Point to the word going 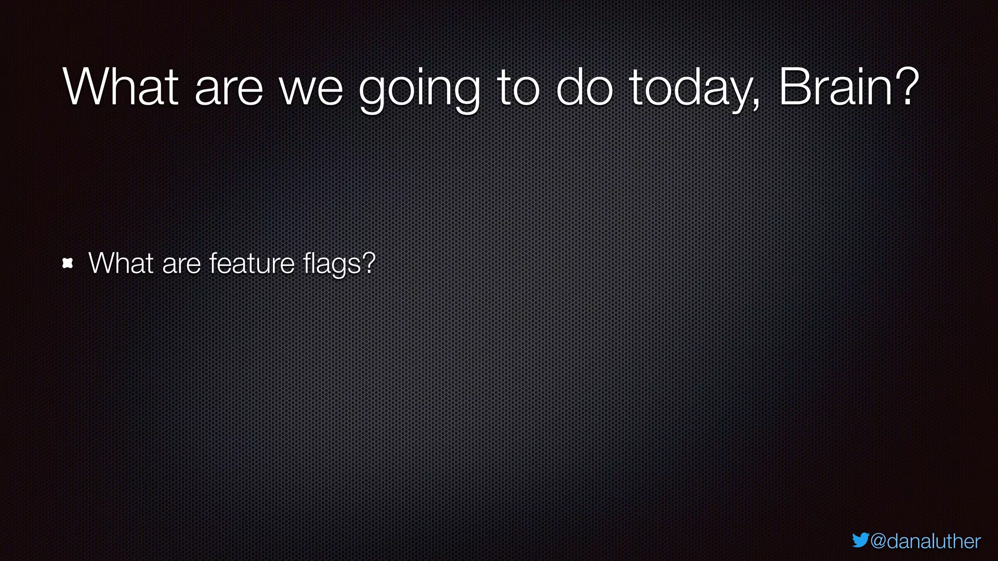pyautogui.click(x=420, y=91)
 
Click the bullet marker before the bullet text pyautogui.click(x=68, y=263)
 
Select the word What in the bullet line pyautogui.click(x=121, y=263)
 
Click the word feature pyautogui.click(x=252, y=263)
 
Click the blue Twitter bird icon pyautogui.click(x=860, y=540)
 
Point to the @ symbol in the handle pyautogui.click(x=878, y=541)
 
